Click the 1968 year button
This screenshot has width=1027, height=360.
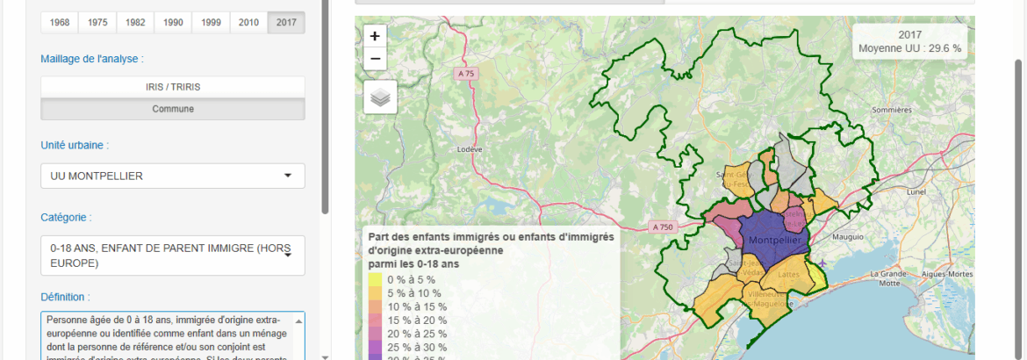60,22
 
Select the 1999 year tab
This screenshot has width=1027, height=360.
211,22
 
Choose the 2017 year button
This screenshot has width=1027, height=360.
286,22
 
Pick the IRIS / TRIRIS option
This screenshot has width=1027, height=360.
173,87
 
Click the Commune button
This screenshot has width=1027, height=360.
173,109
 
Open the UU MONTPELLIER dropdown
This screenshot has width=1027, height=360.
173,176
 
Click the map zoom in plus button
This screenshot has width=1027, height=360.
375,36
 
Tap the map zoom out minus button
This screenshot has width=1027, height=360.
375,59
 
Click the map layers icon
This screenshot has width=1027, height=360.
380,97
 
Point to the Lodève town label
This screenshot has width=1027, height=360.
470,149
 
